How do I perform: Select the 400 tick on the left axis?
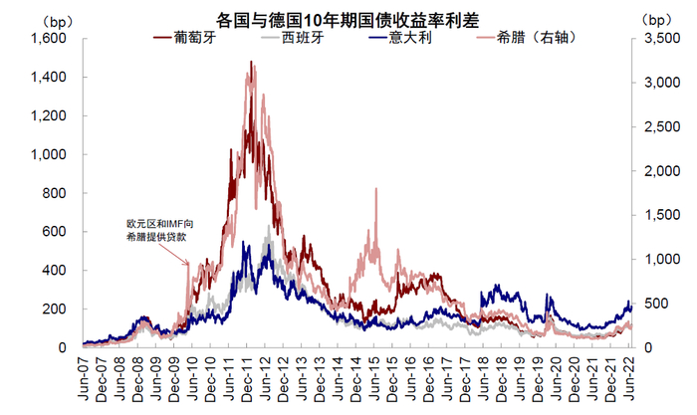coord(55,270)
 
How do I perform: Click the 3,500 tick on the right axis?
coord(657,39)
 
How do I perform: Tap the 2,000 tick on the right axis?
coord(657,171)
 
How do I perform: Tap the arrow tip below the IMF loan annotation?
coord(188,264)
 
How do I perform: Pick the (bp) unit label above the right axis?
coord(658,17)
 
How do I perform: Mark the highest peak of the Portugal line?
coord(251,62)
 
